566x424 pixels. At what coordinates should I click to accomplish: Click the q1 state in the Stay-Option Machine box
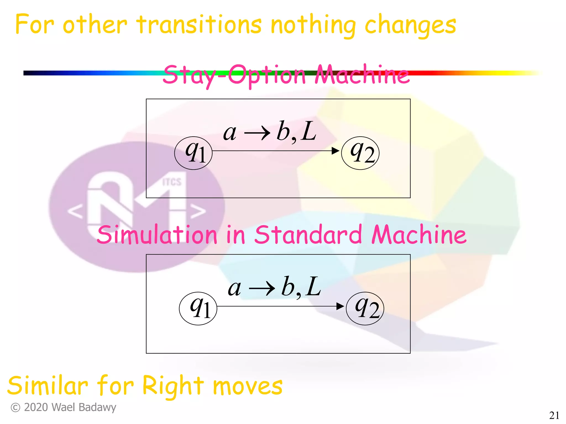pyautogui.click(x=193, y=153)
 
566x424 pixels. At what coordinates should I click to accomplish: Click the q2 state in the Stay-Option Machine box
pyautogui.click(x=360, y=153)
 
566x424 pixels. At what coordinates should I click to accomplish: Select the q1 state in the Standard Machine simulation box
pyautogui.click(x=198, y=308)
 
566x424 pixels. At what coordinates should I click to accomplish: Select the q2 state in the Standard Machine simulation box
pyautogui.click(x=365, y=308)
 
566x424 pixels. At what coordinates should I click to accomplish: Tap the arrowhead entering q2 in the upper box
pyautogui.click(x=335, y=151)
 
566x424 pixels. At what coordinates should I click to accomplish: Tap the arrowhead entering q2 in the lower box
pyautogui.click(x=340, y=306)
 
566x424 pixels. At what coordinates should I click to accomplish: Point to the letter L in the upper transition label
pyautogui.click(x=309, y=132)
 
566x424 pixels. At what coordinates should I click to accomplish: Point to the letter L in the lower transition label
pyautogui.click(x=314, y=287)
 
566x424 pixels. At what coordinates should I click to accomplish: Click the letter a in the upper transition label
pyautogui.click(x=230, y=133)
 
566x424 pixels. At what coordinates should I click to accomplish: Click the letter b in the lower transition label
pyautogui.click(x=287, y=287)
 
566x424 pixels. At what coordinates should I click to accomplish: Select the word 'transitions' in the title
pyautogui.click(x=199, y=25)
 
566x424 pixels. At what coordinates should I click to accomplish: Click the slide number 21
pyautogui.click(x=554, y=415)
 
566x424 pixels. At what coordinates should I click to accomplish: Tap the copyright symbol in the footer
pyautogui.click(x=15, y=407)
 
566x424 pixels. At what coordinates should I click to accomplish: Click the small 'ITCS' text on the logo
pyautogui.click(x=172, y=182)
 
